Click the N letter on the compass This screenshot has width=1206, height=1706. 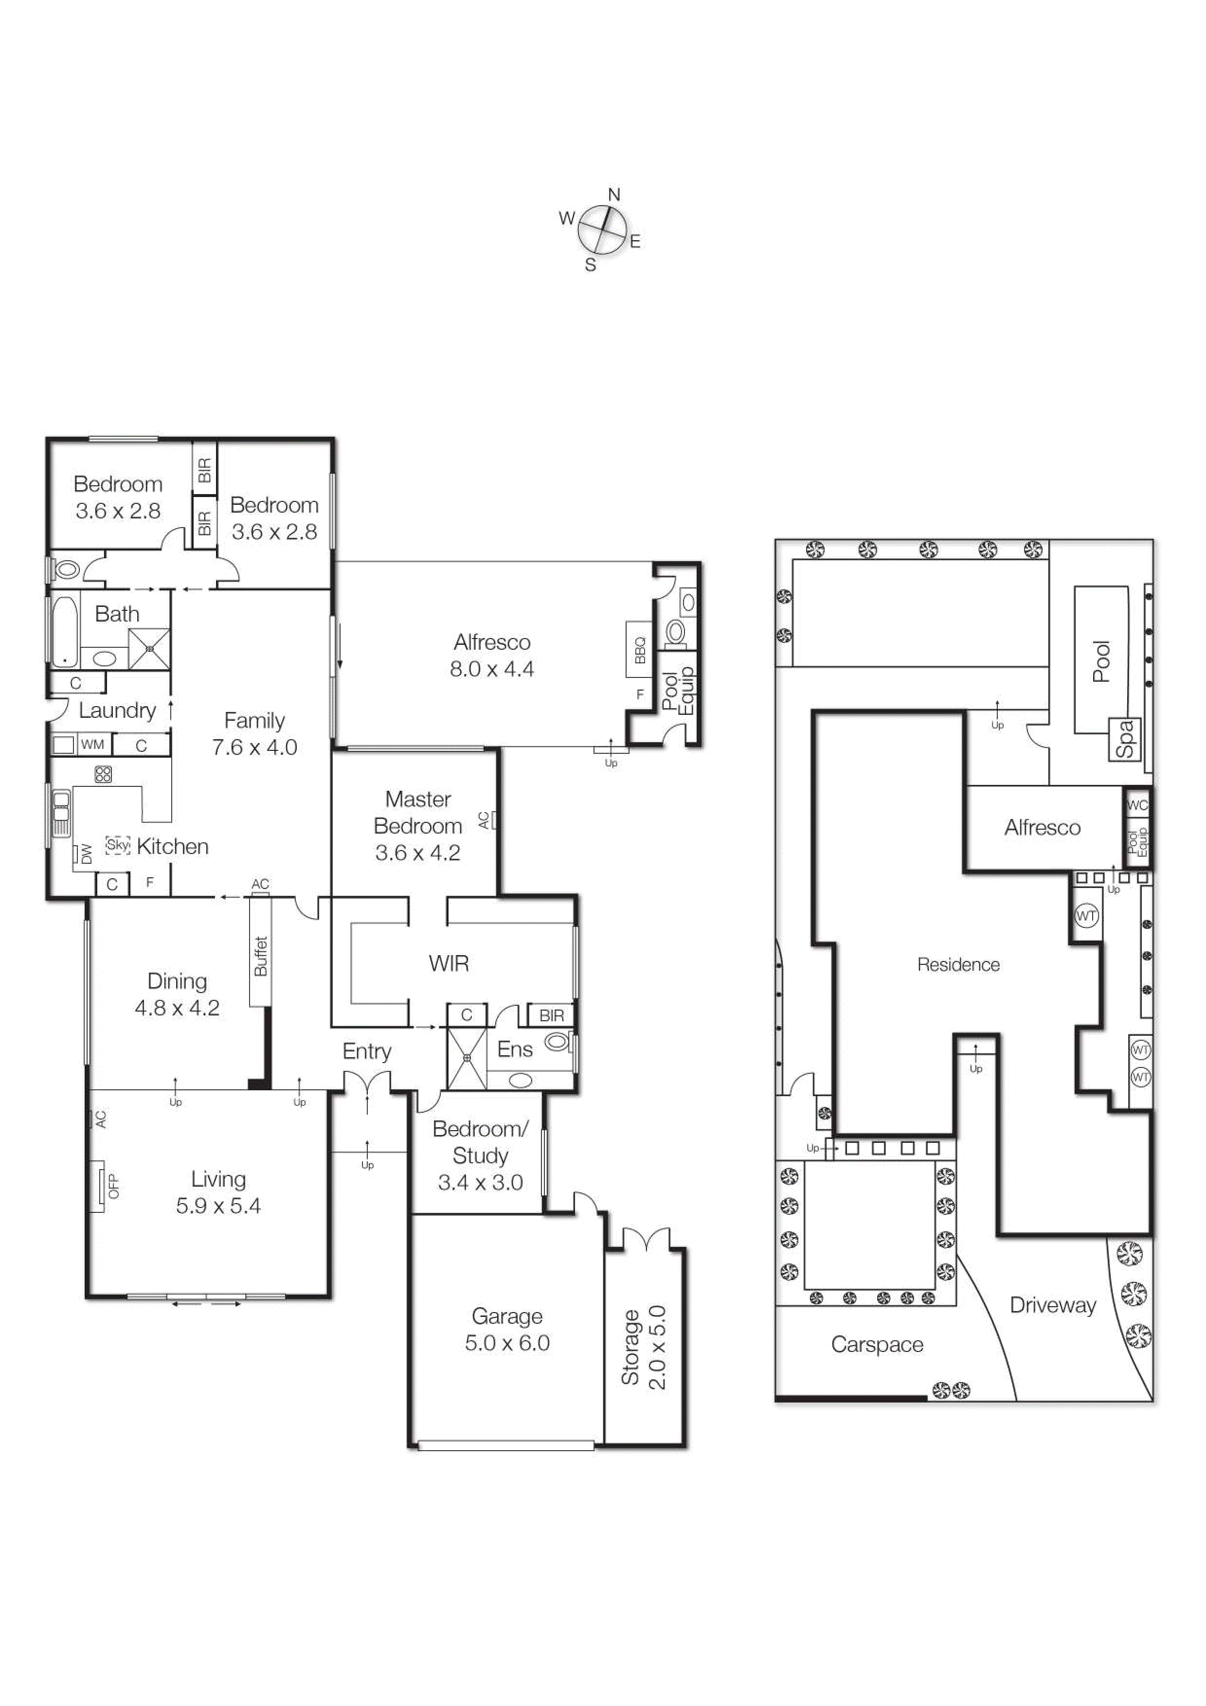614,195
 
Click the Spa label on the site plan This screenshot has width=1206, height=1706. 1126,739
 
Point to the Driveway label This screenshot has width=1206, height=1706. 1052,1305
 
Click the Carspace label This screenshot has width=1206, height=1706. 877,1344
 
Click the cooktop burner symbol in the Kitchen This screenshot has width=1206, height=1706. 103,774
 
